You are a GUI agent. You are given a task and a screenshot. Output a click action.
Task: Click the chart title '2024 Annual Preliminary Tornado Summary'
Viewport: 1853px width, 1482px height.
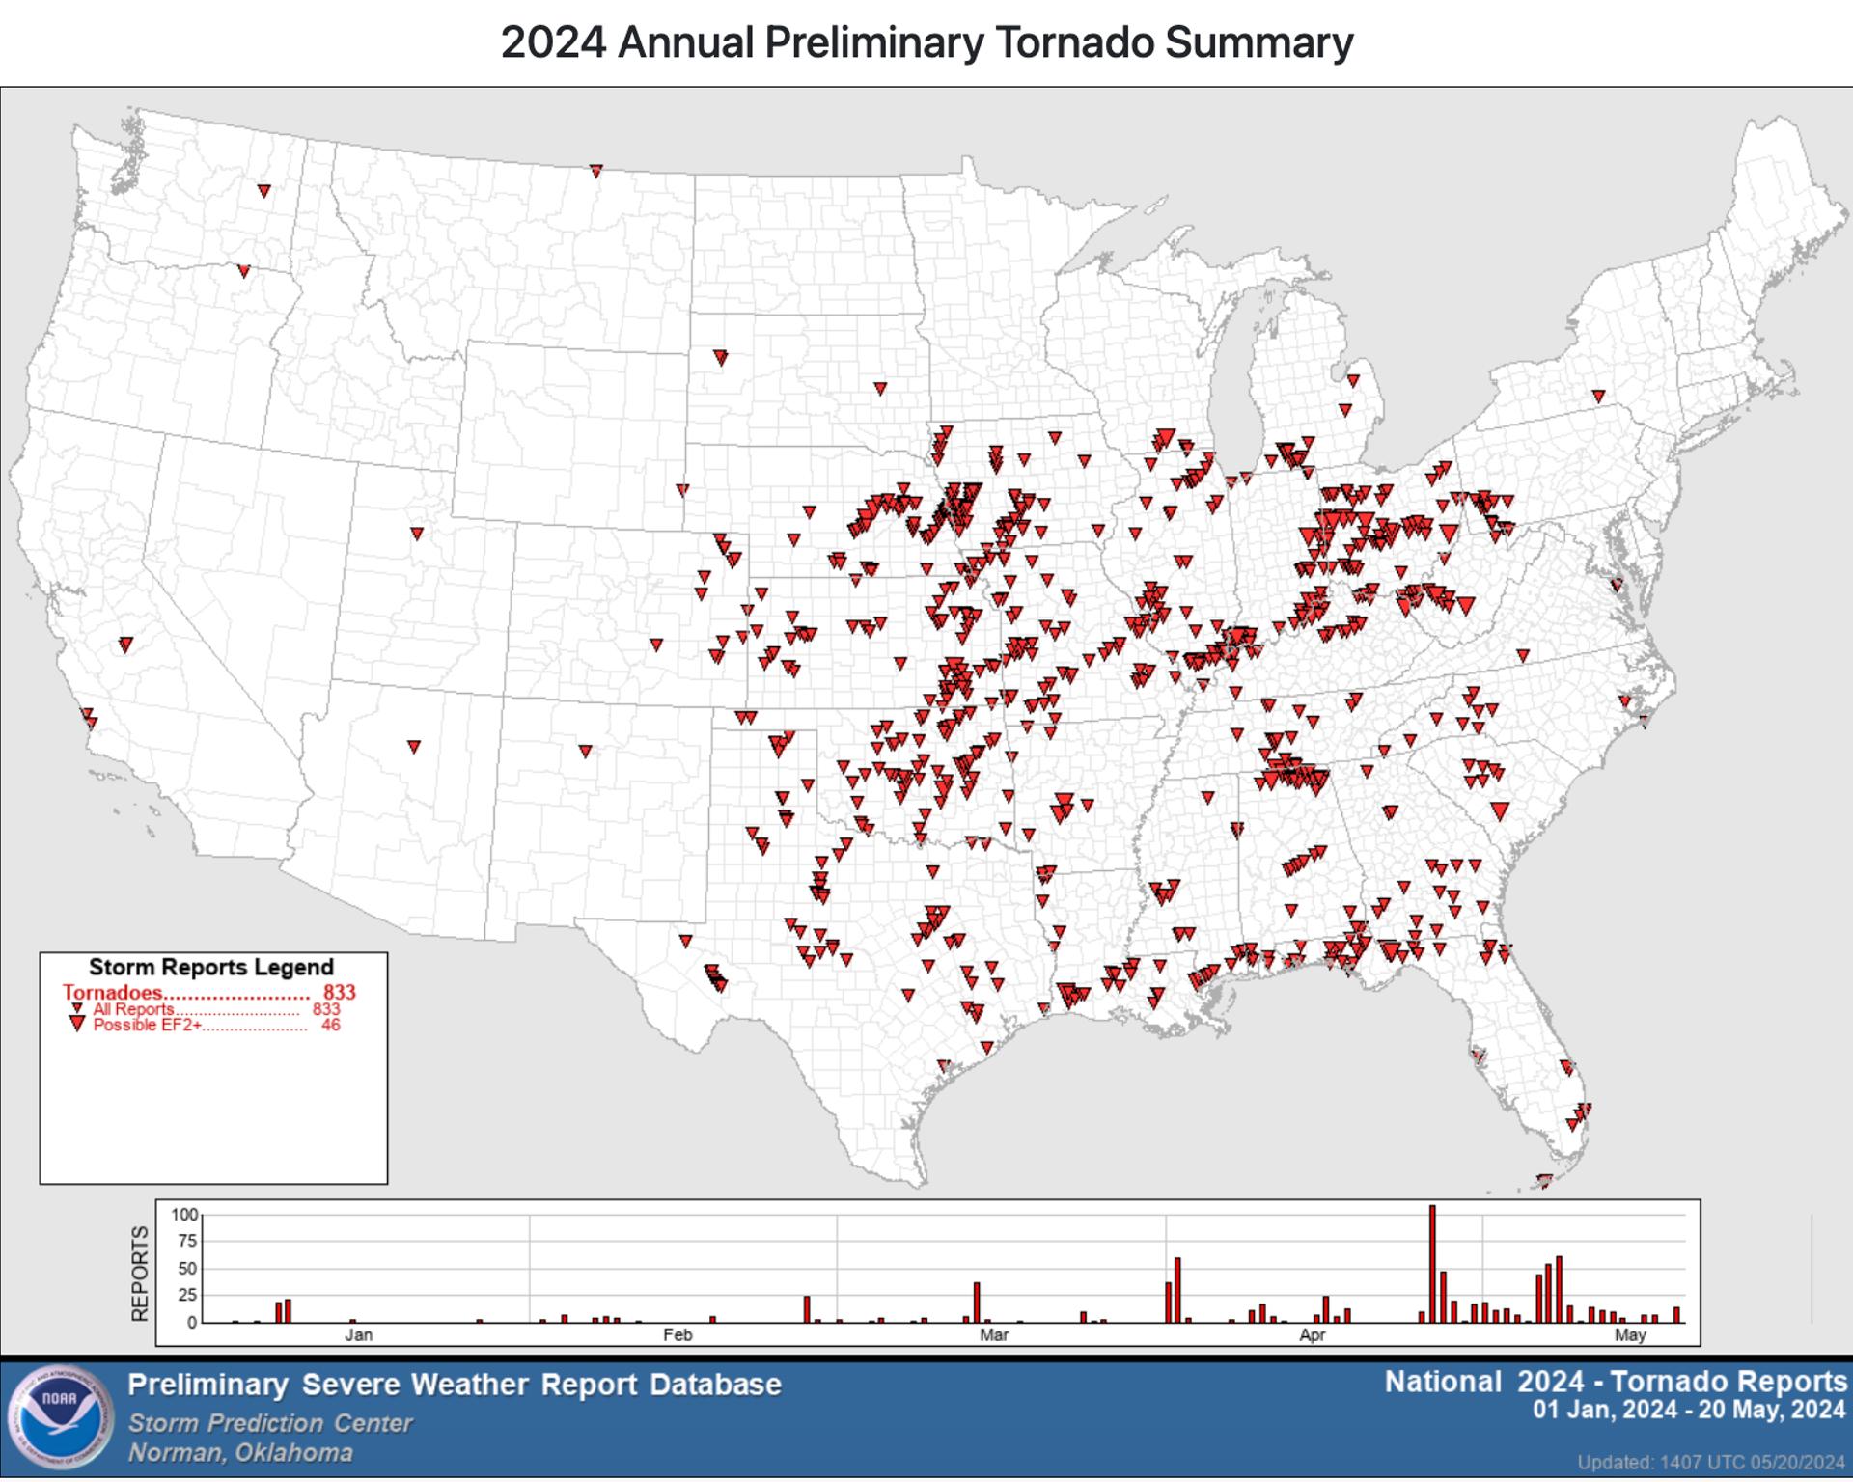[x=926, y=42]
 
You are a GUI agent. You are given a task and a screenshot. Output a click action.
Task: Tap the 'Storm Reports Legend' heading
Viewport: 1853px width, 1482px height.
[x=211, y=967]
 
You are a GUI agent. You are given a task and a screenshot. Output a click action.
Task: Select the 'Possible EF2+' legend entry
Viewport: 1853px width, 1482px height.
[x=148, y=1026]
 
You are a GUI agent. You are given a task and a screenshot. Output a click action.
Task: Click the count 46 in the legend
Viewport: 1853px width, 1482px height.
[x=331, y=1026]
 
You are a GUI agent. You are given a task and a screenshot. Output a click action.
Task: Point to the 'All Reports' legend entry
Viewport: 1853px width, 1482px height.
[x=133, y=1009]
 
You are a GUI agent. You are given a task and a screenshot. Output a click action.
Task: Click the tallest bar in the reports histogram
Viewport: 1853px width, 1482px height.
[x=1432, y=1264]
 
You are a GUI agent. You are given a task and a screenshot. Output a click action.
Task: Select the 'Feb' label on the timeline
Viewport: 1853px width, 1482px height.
[x=678, y=1335]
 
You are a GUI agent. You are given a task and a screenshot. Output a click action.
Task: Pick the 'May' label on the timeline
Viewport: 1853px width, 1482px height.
[x=1630, y=1335]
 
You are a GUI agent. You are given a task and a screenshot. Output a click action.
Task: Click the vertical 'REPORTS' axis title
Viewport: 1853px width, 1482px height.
[x=141, y=1274]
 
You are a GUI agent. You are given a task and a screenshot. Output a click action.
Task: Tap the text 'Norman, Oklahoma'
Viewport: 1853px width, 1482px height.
[x=240, y=1453]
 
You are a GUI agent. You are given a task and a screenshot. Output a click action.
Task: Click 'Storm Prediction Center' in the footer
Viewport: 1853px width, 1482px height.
[x=270, y=1423]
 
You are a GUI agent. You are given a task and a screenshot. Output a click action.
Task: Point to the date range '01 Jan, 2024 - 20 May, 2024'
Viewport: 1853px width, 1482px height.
[x=1689, y=1411]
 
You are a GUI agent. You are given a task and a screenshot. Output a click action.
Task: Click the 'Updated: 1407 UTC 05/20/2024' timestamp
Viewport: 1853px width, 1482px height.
[x=1711, y=1462]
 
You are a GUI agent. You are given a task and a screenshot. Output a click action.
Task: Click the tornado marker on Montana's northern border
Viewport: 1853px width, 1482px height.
[x=596, y=171]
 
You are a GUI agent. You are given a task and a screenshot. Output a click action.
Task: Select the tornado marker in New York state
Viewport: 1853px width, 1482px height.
[x=1598, y=396]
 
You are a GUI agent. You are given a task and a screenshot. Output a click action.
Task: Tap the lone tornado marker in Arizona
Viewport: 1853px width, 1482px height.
[x=414, y=746]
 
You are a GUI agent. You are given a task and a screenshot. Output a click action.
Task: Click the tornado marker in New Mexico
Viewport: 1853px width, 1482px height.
[x=585, y=751]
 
